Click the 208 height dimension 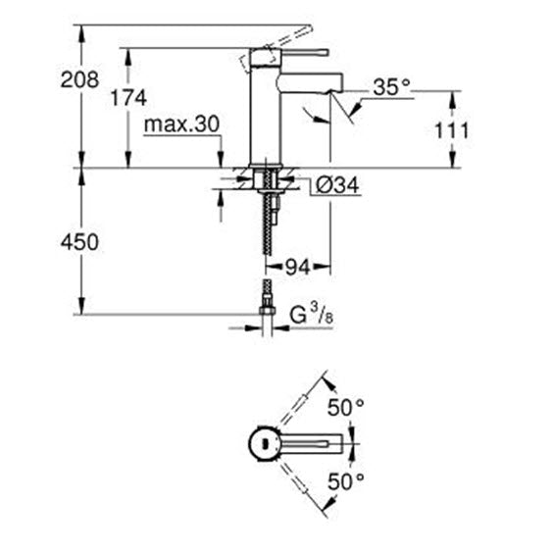click(79, 79)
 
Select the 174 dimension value click(128, 97)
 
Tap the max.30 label click(181, 124)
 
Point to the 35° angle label click(392, 86)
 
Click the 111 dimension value click(452, 130)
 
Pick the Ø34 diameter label click(337, 185)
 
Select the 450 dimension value click(79, 242)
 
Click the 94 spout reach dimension click(298, 268)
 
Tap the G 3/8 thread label click(312, 314)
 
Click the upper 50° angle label click(346, 408)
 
